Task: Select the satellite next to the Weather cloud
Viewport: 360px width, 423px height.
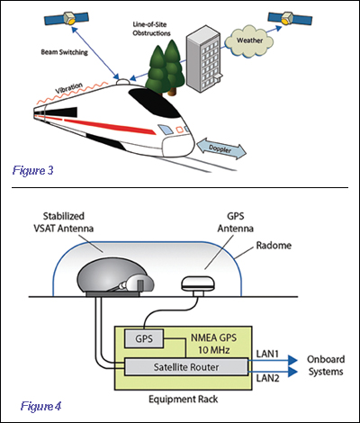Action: [x=290, y=19]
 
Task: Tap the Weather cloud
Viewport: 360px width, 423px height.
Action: [x=249, y=41]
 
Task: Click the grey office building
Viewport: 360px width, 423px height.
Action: [x=204, y=60]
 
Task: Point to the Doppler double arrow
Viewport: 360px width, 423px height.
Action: [x=221, y=148]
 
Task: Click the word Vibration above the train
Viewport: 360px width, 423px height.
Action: [x=69, y=89]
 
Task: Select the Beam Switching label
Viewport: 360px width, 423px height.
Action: [x=64, y=52]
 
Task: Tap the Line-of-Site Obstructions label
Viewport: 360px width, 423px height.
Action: [x=152, y=29]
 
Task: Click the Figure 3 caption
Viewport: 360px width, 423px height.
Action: [x=33, y=171]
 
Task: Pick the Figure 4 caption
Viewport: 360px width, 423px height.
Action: [x=40, y=407]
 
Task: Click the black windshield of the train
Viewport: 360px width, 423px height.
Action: [x=155, y=102]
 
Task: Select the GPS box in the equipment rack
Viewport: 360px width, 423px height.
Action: [x=144, y=338]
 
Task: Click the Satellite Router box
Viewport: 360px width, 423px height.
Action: [x=186, y=367]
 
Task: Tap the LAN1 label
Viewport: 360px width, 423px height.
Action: [x=267, y=354]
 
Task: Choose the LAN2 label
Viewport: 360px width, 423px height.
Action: [x=267, y=378]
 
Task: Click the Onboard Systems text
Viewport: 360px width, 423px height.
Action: [x=326, y=365]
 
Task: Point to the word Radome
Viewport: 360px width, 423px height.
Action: [x=274, y=246]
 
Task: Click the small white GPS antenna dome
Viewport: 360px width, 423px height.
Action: [x=198, y=284]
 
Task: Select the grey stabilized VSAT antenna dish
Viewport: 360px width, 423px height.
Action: [x=115, y=278]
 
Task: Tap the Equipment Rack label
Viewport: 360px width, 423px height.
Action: [x=184, y=400]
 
